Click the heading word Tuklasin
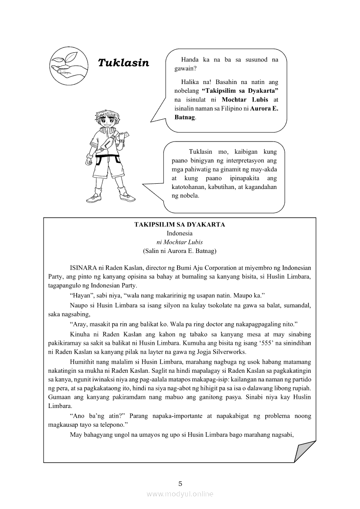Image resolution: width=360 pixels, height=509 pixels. click(123, 63)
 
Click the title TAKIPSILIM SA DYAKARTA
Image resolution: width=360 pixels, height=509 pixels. click(180, 225)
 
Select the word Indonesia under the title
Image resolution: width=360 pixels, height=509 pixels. click(180, 233)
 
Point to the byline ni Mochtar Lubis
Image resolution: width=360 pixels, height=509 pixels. click(180, 242)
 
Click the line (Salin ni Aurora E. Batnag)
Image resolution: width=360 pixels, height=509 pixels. click(180, 251)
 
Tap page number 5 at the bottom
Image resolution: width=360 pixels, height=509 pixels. click(180, 483)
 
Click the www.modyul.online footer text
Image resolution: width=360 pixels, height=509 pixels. click(180, 494)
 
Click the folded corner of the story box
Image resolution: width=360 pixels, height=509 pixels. click(305, 451)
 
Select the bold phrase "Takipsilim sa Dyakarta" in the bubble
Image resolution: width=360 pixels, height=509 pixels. click(240, 91)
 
